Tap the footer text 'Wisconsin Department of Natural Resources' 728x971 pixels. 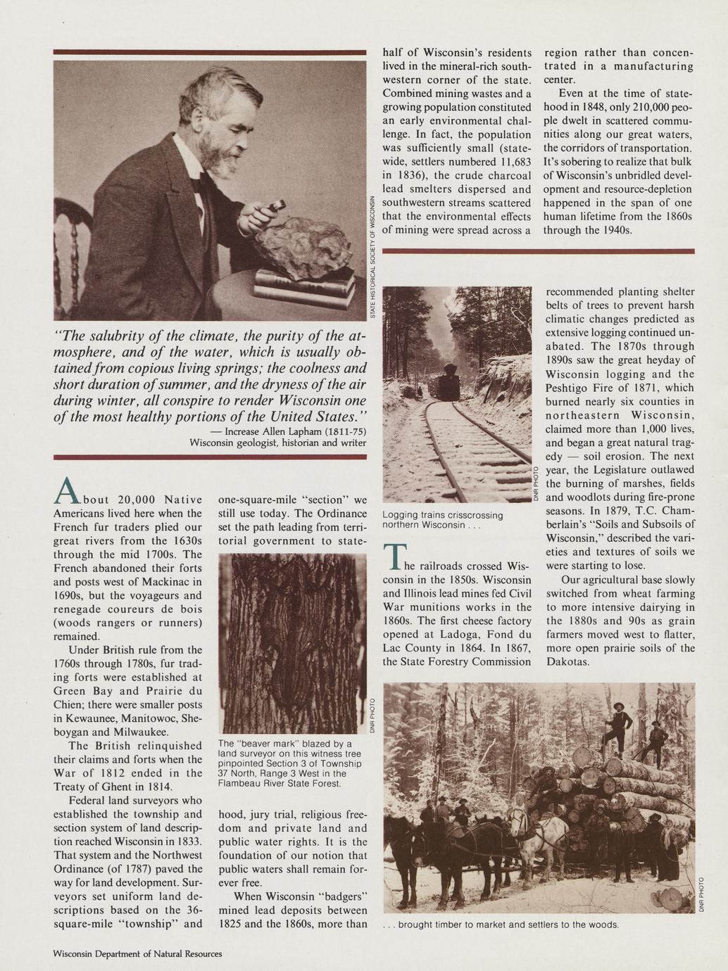click(x=138, y=953)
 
